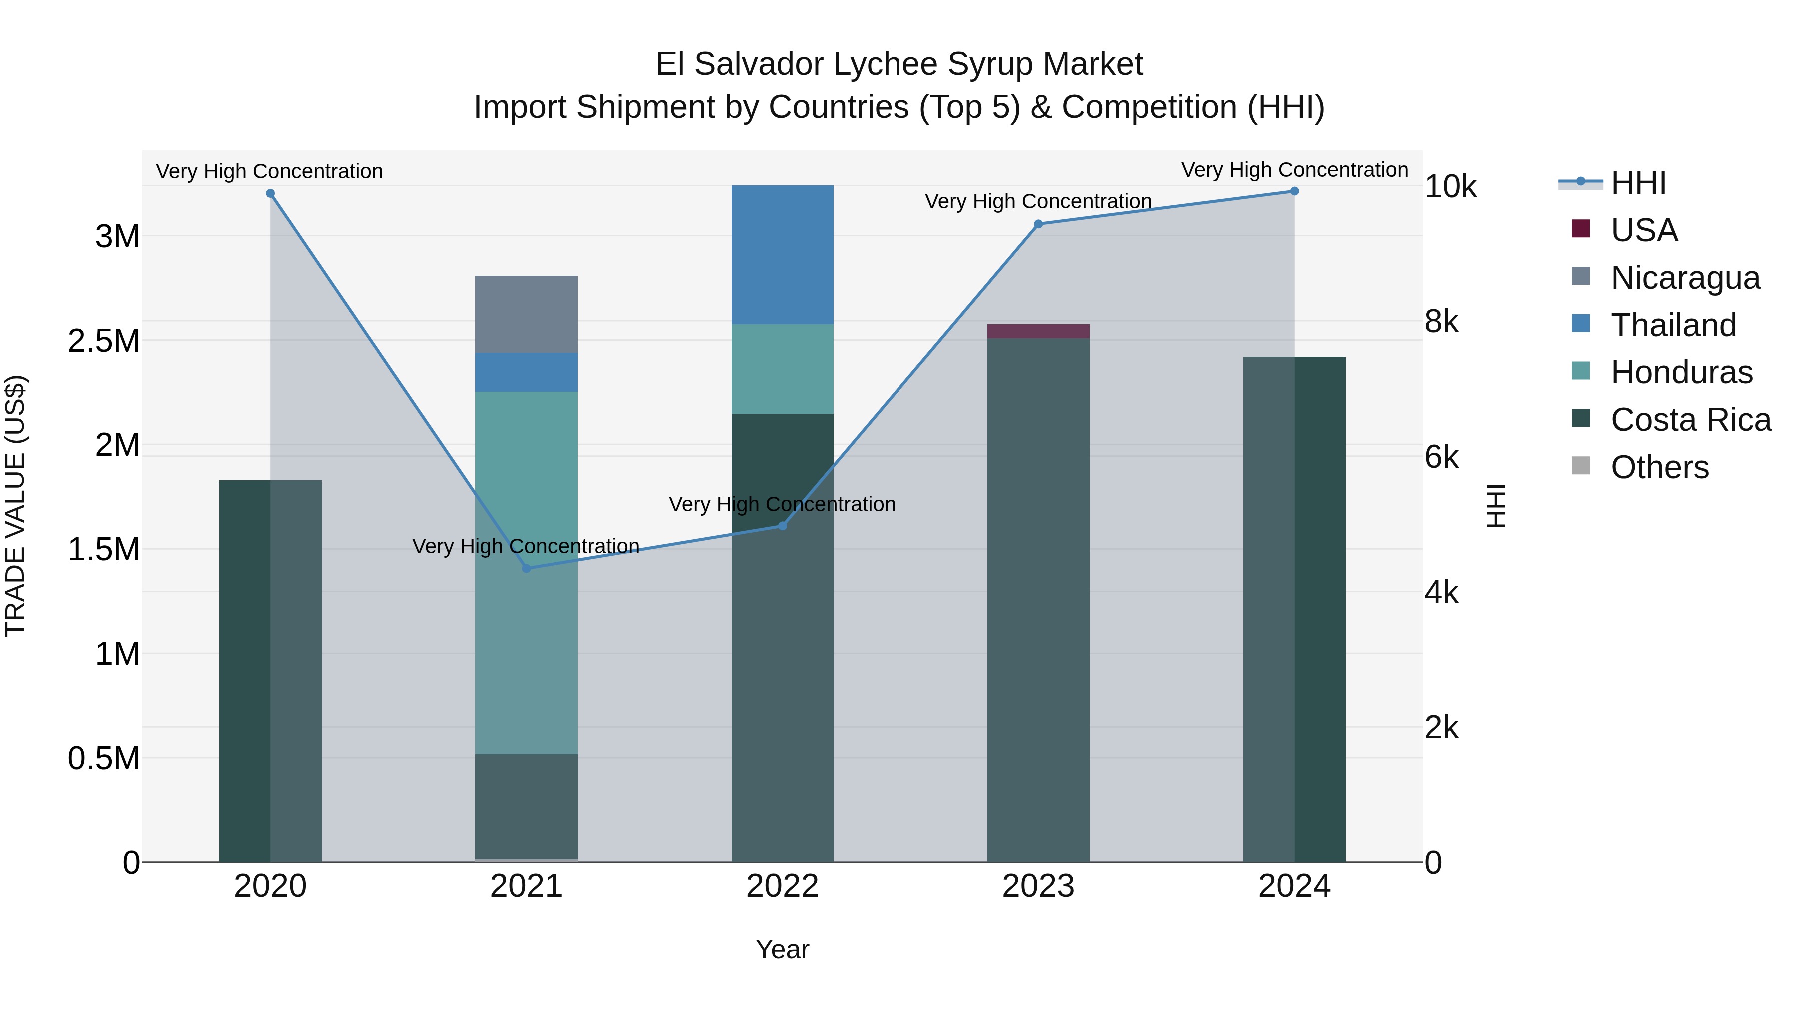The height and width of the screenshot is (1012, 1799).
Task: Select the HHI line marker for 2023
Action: coord(1038,224)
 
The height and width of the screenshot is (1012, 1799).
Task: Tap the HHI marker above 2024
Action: coord(1294,191)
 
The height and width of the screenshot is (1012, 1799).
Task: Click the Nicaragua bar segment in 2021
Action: coord(527,314)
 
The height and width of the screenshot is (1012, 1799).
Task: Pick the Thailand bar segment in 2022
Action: coord(782,255)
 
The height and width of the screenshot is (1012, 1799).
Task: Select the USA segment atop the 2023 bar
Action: coord(1038,331)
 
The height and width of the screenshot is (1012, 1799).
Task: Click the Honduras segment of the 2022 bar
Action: coord(782,369)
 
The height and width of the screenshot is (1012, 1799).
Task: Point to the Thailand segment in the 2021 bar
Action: coord(527,372)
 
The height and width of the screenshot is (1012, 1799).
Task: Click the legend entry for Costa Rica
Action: coord(1690,420)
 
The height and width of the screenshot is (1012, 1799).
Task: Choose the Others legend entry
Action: coord(1659,467)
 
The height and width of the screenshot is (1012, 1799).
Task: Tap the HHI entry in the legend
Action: coord(1638,183)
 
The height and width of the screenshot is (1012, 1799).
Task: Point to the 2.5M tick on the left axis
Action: coord(104,341)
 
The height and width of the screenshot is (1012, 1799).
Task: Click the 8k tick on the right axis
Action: coord(1441,322)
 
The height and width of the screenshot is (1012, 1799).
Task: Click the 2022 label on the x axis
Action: coord(782,886)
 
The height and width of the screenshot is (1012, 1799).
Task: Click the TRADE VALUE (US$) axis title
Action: coord(15,506)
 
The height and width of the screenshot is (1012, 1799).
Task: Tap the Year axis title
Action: coord(782,949)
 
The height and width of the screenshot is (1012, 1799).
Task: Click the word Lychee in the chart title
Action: coord(879,64)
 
